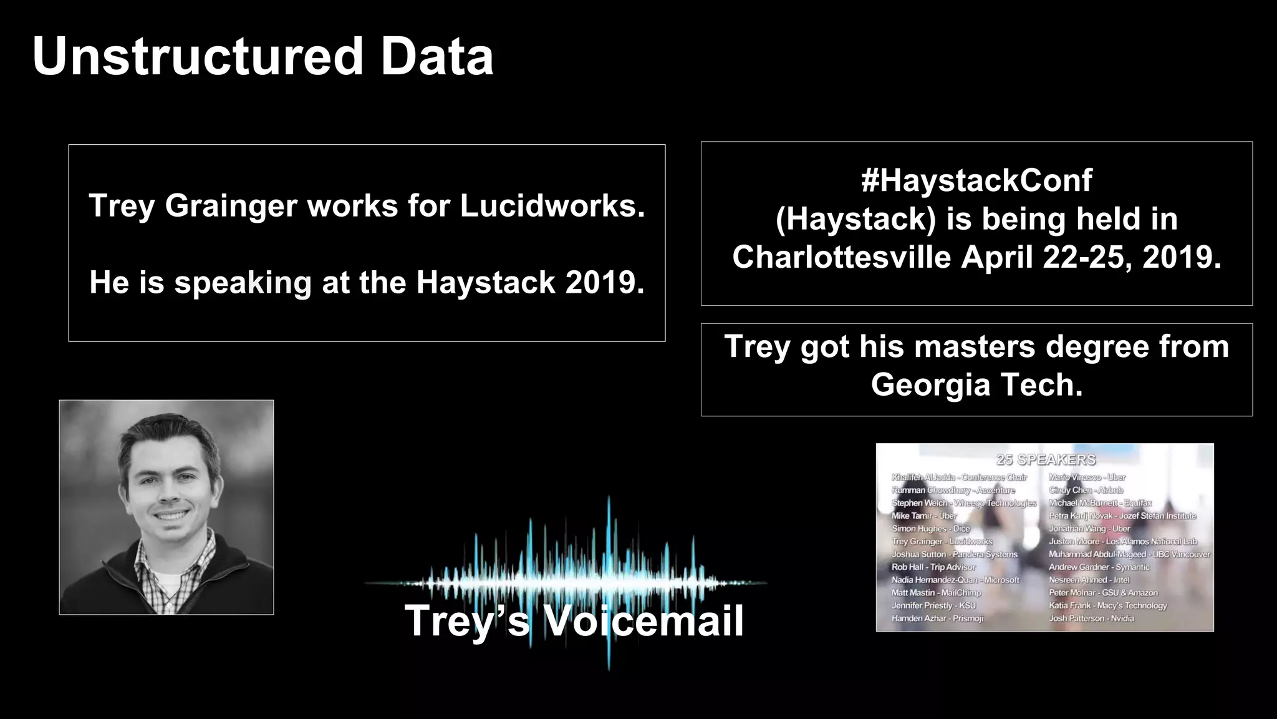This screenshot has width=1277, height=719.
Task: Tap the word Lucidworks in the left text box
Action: click(552, 206)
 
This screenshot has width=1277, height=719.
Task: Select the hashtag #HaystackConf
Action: click(976, 181)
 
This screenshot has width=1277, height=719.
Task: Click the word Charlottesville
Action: click(841, 257)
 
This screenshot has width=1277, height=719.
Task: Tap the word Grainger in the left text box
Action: click(231, 206)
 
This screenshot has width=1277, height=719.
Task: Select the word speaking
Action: click(243, 282)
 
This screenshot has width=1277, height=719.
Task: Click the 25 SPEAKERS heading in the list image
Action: click(1046, 460)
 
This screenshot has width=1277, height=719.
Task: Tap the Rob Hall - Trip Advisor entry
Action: click(933, 567)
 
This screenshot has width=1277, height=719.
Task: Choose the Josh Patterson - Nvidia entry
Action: click(1091, 619)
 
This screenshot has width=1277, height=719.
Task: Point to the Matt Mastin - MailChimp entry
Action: click(936, 593)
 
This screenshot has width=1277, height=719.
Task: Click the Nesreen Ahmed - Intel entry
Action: click(1089, 580)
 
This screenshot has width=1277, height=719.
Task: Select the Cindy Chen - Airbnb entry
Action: click(1086, 491)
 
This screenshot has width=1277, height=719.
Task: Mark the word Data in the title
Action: click(437, 57)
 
